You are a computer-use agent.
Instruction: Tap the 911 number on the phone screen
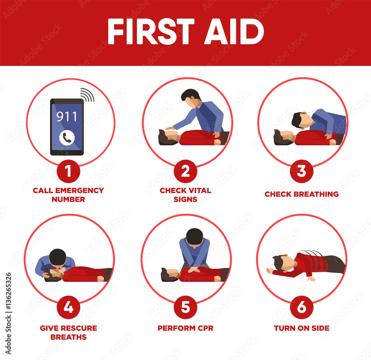click(67, 117)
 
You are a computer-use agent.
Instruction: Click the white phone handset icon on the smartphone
click(67, 138)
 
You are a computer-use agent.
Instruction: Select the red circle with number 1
click(68, 171)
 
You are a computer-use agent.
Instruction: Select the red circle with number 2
click(185, 171)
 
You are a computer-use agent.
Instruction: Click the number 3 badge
click(302, 171)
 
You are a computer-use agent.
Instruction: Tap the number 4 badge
click(68, 307)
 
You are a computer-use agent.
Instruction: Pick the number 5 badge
click(185, 307)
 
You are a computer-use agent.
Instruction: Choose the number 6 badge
click(302, 307)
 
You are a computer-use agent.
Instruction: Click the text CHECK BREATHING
click(302, 194)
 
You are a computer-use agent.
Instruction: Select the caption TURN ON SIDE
click(302, 328)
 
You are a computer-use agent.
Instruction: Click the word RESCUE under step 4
click(79, 328)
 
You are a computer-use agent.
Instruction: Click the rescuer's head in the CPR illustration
click(194, 237)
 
